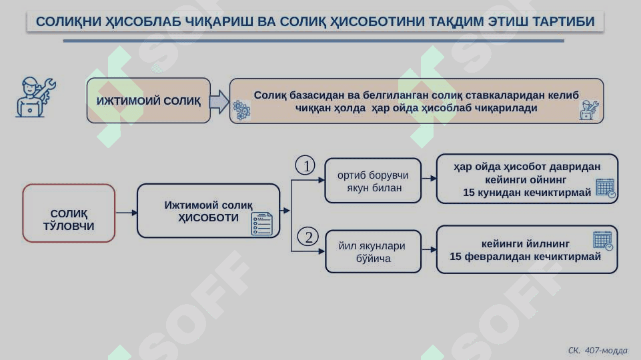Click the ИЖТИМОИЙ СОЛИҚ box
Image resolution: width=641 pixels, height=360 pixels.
coord(148,101)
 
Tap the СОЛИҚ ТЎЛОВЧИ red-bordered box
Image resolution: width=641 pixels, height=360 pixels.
coord(69,213)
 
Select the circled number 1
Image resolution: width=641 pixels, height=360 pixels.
coord(305,165)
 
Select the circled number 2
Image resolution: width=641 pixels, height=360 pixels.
coord(308,237)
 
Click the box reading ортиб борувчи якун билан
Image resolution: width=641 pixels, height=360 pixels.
coord(373,181)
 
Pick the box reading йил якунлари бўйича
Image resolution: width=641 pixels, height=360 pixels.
coord(374,252)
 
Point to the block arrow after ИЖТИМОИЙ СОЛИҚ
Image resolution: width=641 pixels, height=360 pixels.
coord(219,101)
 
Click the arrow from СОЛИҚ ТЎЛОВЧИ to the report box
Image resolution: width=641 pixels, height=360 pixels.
coord(126,213)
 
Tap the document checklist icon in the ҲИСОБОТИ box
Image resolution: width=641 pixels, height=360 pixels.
coord(261,224)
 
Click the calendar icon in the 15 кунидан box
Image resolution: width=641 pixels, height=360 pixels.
coord(606,189)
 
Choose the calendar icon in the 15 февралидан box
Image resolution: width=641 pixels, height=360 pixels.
coord(603,241)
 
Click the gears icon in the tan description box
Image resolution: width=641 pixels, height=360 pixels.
coord(241,110)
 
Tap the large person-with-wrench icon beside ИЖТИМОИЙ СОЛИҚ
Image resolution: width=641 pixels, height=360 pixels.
coord(35,97)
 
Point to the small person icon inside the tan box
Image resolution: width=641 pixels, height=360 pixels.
coord(589,110)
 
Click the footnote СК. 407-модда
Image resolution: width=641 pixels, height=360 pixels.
coord(597,351)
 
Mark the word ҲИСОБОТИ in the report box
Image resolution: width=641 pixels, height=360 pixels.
coord(208,218)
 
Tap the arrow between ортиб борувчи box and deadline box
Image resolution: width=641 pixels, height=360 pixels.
coord(429,178)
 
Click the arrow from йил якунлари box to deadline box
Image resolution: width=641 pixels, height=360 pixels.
coord(429,249)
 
